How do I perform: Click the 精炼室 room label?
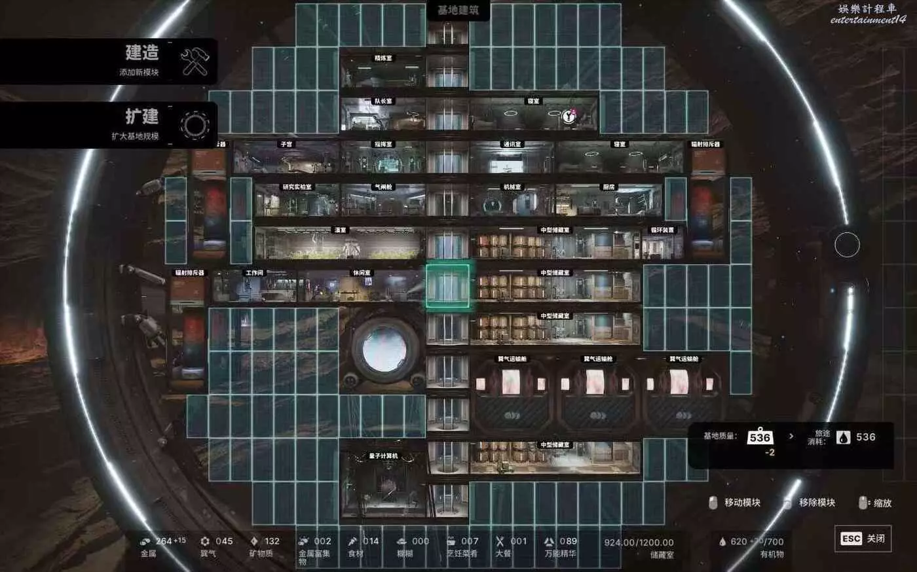pyautogui.click(x=383, y=59)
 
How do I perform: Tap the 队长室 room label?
pyautogui.click(x=383, y=101)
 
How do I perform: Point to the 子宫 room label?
pyautogui.click(x=286, y=144)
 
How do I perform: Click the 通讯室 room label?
pyautogui.click(x=512, y=144)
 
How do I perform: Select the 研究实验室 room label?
pyautogui.click(x=297, y=187)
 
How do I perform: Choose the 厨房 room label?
pyautogui.click(x=608, y=187)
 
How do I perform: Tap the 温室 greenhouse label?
pyautogui.click(x=340, y=230)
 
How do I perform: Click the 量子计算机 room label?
pyautogui.click(x=383, y=456)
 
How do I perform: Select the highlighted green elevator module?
pyautogui.click(x=448, y=286)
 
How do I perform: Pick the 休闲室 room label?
pyautogui.click(x=362, y=273)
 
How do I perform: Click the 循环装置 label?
pyautogui.click(x=662, y=230)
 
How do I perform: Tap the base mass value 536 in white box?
pyautogui.click(x=760, y=437)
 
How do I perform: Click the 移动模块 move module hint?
pyautogui.click(x=742, y=503)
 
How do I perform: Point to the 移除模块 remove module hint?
pyautogui.click(x=816, y=503)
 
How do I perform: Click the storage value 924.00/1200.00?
pyautogui.click(x=639, y=543)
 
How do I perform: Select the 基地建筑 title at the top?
pyautogui.click(x=458, y=10)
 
